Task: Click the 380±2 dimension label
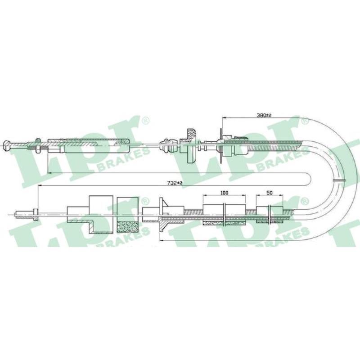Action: (x=264, y=115)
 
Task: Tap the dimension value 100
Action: (x=224, y=193)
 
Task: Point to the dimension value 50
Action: (x=270, y=193)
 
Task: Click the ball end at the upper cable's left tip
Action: (x=7, y=145)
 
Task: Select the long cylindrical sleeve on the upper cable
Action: (x=88, y=145)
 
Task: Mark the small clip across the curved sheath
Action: (x=339, y=180)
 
